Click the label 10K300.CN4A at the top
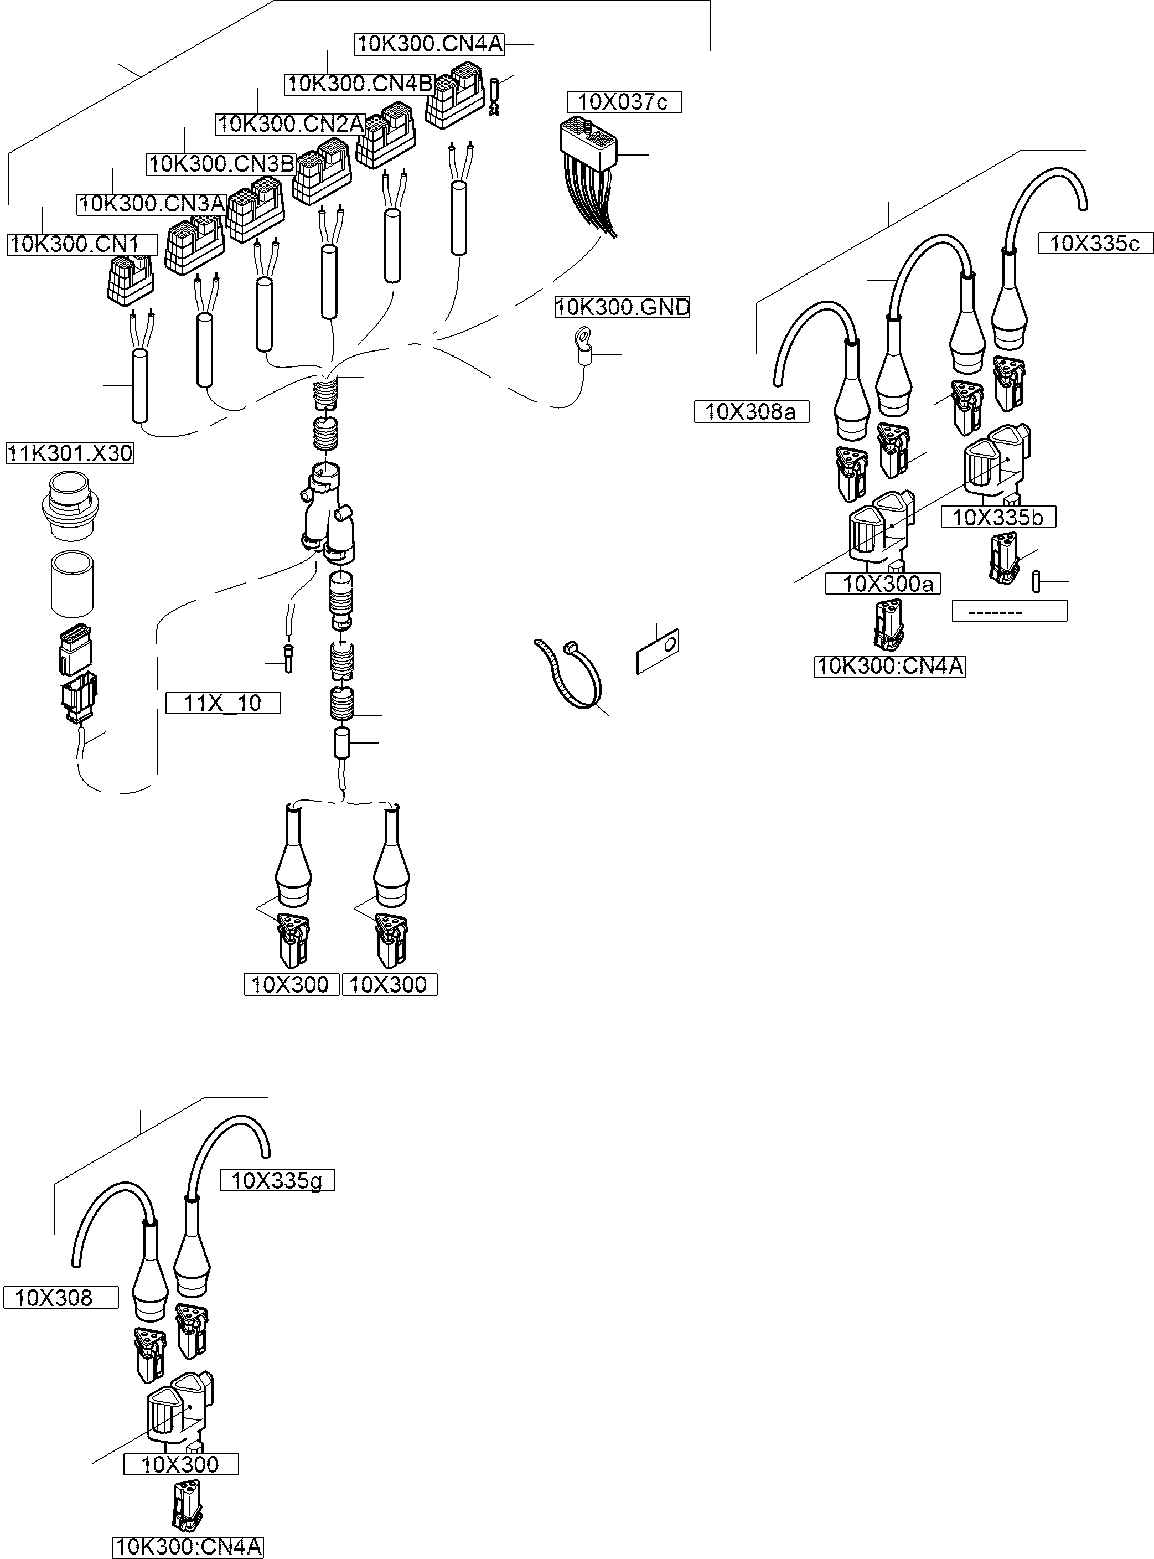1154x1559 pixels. [429, 44]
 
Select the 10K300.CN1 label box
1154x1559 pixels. [82, 245]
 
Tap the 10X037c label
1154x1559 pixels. [624, 102]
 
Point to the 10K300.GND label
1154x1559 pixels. [623, 307]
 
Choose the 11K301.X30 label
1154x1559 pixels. [69, 453]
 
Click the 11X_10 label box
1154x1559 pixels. [223, 703]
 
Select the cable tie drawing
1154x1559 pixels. [570, 674]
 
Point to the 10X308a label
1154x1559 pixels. [751, 411]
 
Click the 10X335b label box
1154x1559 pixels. [997, 517]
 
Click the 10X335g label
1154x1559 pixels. [277, 1180]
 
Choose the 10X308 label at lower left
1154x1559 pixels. [61, 1298]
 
